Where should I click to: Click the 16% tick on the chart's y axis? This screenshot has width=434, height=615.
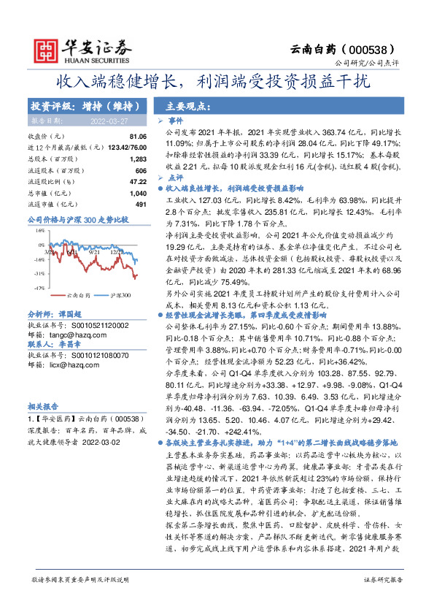tap(39, 229)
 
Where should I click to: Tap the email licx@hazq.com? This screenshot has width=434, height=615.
tap(71, 365)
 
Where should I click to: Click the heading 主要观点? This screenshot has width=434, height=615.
tap(180, 105)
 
